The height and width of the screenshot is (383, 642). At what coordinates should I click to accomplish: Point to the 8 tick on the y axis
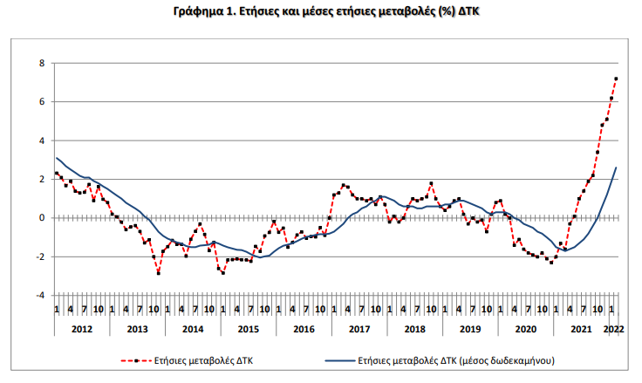pos(41,64)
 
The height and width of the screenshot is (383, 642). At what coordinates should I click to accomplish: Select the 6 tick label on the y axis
pos(41,102)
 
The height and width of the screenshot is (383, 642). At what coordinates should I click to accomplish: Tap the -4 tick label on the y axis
pos(39,295)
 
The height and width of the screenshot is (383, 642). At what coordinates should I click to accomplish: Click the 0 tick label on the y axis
pos(41,218)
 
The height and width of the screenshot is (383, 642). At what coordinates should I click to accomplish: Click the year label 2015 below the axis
pos(248,329)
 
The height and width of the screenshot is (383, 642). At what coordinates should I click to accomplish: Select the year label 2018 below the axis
pos(415,329)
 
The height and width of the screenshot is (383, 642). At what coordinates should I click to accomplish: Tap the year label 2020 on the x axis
pos(526,329)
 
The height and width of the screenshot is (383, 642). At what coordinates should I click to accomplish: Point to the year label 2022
pos(613,329)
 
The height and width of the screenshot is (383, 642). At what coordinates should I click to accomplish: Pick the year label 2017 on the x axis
pos(359,329)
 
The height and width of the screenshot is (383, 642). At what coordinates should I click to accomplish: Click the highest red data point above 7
pos(617,79)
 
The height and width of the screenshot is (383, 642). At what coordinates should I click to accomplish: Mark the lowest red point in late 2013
pos(159,273)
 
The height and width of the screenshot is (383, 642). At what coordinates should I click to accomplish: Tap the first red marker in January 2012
pos(57,173)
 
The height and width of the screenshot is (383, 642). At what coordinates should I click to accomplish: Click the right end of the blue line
pos(617,168)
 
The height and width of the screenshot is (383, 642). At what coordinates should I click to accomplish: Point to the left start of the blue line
pos(57,158)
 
